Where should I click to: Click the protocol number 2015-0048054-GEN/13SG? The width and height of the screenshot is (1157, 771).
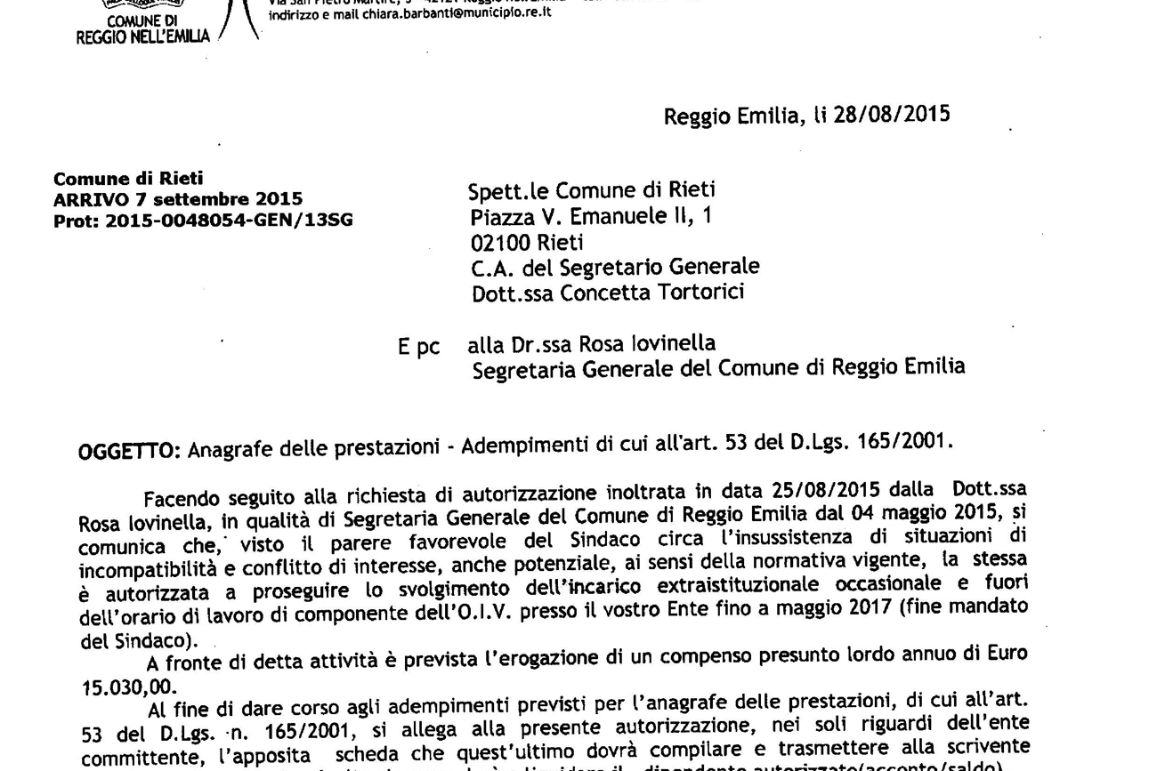(229, 221)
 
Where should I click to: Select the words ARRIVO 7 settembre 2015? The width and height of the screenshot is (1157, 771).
(178, 199)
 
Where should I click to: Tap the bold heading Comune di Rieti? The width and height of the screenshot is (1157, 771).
(128, 179)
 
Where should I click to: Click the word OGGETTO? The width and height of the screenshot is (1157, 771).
(130, 450)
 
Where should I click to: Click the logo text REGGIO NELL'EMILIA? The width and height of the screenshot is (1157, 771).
(142, 36)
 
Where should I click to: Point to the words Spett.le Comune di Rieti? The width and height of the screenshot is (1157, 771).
(592, 190)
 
